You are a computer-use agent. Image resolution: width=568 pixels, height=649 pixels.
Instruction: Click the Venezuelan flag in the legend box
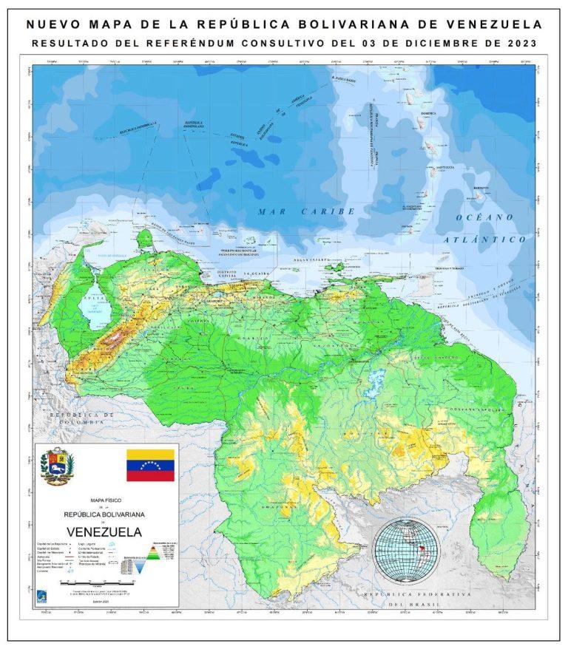(x=150, y=465)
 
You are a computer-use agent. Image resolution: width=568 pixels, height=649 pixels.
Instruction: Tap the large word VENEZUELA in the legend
(x=105, y=531)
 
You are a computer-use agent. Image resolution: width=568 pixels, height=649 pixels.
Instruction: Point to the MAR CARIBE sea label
(x=306, y=211)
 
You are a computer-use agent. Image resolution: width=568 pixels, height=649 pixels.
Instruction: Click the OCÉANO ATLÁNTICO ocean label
(x=484, y=228)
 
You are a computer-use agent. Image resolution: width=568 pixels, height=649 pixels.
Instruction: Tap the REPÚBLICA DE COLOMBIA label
(x=77, y=418)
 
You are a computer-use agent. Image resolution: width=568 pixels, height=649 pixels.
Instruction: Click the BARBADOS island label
(x=481, y=188)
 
